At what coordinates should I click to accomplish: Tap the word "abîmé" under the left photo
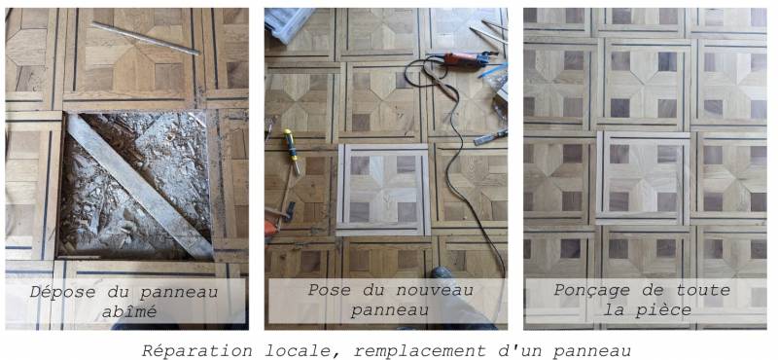[126, 310]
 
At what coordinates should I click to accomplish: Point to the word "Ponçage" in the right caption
[595, 290]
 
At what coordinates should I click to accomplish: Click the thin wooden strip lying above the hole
[146, 37]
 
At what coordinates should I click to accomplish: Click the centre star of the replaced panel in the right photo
[645, 179]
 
